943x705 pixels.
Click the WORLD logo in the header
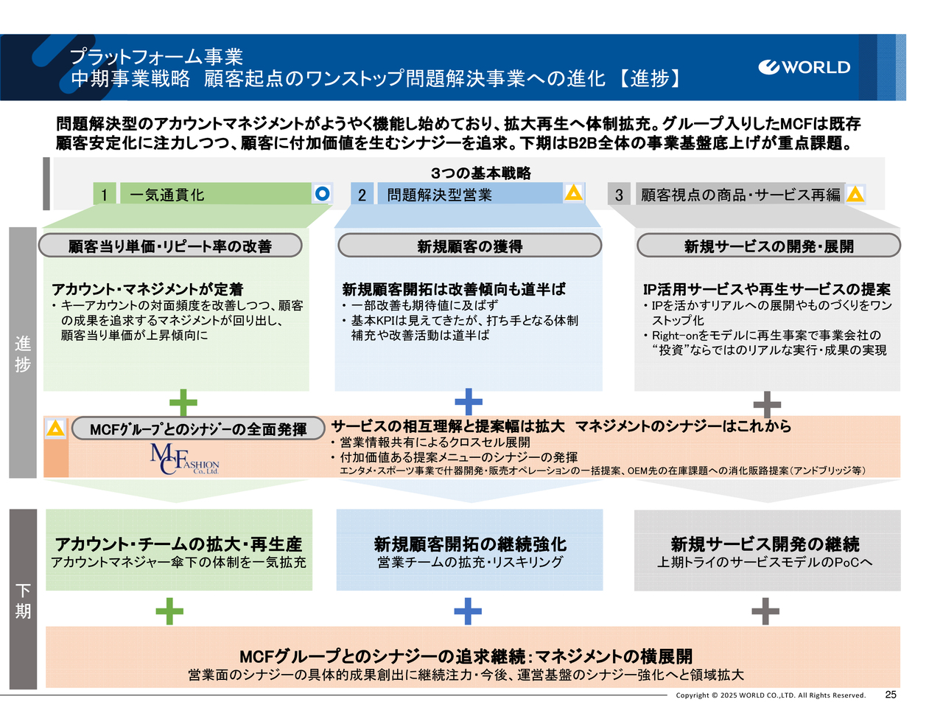click(804, 67)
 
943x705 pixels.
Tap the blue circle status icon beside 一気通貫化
click(322, 193)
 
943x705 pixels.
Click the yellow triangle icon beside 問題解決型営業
click(573, 193)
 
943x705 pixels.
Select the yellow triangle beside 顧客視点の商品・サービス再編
click(855, 194)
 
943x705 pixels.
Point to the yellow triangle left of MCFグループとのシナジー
click(55, 428)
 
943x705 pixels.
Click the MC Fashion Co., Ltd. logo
click(184, 459)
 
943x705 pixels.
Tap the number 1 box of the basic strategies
click(105, 195)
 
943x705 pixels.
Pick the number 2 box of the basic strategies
click(362, 195)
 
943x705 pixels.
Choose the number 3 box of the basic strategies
click(619, 195)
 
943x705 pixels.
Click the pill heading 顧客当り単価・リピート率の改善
click(170, 246)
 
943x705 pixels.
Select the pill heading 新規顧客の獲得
click(469, 246)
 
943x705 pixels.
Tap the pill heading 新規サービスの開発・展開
click(768, 246)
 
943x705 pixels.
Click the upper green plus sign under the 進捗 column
click(183, 403)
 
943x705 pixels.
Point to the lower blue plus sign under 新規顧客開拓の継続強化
click(468, 611)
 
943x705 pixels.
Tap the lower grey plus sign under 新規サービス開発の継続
click(765, 611)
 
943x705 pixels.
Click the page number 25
click(891, 695)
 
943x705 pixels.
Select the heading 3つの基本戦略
click(480, 173)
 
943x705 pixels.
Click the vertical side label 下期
click(23, 600)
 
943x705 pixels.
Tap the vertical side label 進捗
click(23, 354)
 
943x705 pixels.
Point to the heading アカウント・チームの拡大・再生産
click(178, 544)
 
